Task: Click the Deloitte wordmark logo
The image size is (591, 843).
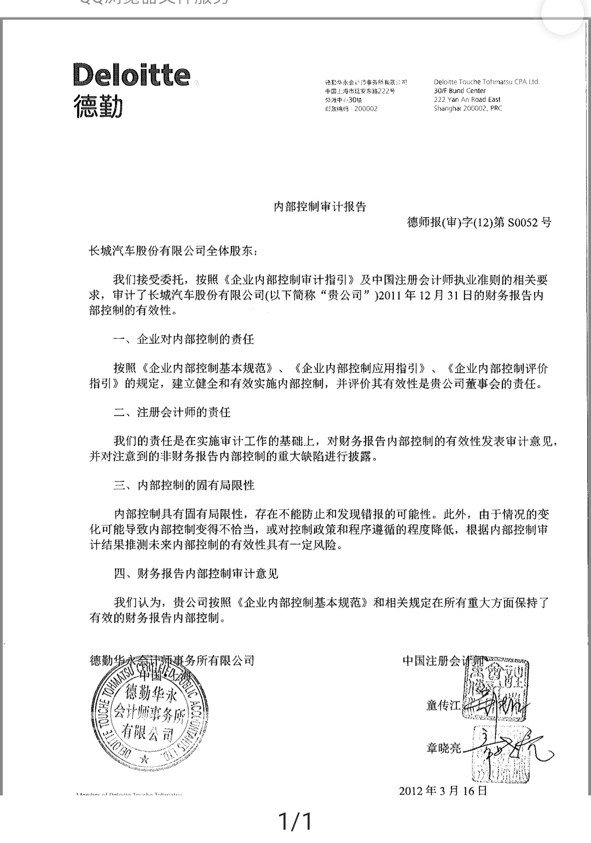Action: click(132, 75)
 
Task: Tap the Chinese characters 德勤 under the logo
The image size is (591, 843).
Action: click(98, 105)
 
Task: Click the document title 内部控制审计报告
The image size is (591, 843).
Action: click(320, 206)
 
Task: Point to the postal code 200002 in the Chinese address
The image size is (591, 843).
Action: click(366, 109)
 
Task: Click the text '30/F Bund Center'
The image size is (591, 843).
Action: click(460, 91)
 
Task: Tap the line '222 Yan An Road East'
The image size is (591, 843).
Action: click(467, 100)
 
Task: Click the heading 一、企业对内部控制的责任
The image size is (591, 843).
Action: click(184, 339)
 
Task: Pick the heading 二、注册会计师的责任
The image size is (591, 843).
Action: click(172, 412)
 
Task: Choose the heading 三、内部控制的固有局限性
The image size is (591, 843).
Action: click(184, 485)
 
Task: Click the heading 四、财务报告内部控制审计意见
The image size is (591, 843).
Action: click(196, 573)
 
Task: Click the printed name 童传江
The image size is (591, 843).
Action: click(444, 706)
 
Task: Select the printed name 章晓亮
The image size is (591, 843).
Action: click(444, 748)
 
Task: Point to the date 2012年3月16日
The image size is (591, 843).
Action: click(443, 790)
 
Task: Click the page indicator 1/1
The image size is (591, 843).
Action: click(295, 821)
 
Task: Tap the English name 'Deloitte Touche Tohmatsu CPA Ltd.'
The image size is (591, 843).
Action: click(486, 82)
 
